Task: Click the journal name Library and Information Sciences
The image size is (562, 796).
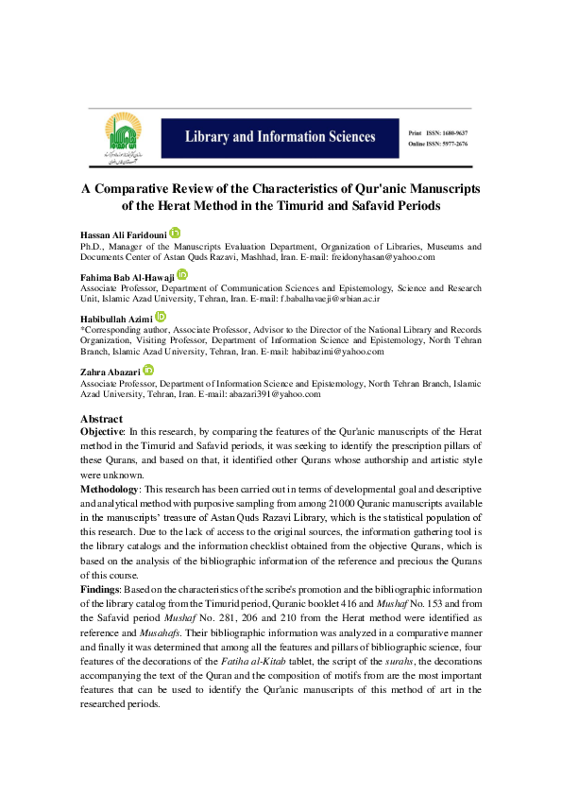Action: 281,137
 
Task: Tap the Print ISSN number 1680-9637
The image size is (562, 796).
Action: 455,133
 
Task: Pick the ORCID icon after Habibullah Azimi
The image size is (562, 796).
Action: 161,317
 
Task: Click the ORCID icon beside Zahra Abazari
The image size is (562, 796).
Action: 148,370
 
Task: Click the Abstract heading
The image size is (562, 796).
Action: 101,419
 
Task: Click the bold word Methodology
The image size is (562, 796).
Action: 110,489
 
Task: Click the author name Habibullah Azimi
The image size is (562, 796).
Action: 116,319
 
